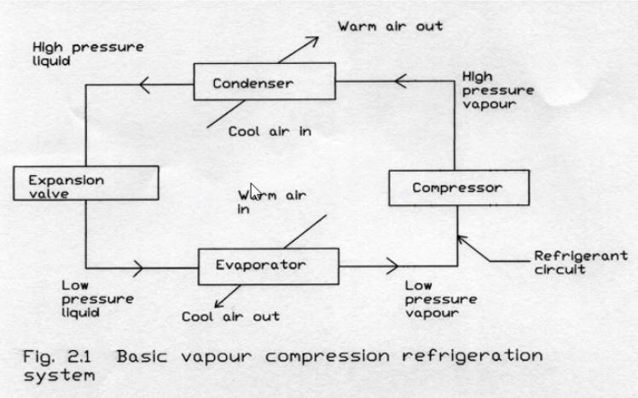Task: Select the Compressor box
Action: pyautogui.click(x=458, y=187)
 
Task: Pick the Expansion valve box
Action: pyautogui.click(x=86, y=186)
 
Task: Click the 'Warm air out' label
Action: pyautogui.click(x=390, y=26)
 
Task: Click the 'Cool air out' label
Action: pyautogui.click(x=230, y=316)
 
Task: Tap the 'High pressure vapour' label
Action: pyautogui.click(x=496, y=91)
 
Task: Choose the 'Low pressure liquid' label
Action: pyautogui.click(x=97, y=299)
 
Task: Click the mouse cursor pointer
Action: pyautogui.click(x=254, y=190)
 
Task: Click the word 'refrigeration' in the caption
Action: pyautogui.click(x=478, y=354)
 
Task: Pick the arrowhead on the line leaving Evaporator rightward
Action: pyautogui.click(x=391, y=266)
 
